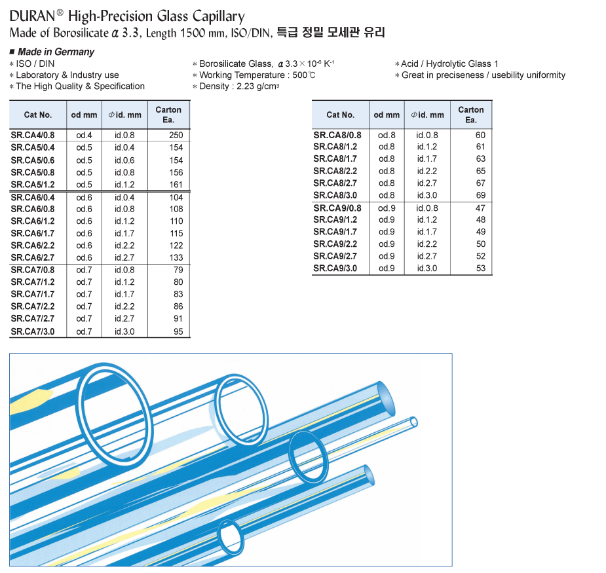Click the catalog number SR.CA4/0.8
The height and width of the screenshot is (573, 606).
(x=33, y=136)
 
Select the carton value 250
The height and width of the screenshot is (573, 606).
(x=176, y=136)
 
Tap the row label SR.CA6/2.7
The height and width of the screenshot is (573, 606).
(x=33, y=258)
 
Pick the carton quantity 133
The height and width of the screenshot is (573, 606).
(x=176, y=258)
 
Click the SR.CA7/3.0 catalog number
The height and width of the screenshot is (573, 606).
(x=33, y=331)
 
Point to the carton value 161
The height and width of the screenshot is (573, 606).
(x=176, y=185)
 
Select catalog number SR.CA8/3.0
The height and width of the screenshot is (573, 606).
(x=335, y=196)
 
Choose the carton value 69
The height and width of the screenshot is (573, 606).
(x=480, y=196)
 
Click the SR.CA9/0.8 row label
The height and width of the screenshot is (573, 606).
(x=337, y=208)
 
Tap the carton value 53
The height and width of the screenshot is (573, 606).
(x=480, y=268)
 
